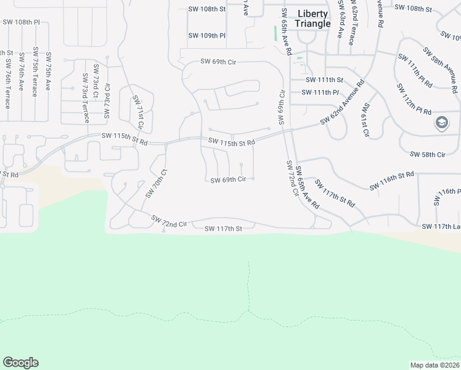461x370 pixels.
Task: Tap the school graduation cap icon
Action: [x=441, y=123]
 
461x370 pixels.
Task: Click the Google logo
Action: [x=20, y=363]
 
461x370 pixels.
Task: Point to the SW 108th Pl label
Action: [x=21, y=22]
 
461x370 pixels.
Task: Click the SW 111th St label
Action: [x=324, y=80]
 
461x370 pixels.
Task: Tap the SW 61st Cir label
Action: [x=365, y=120]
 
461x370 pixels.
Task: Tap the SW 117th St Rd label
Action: [x=335, y=192]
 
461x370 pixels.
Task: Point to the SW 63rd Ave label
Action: [x=340, y=24]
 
